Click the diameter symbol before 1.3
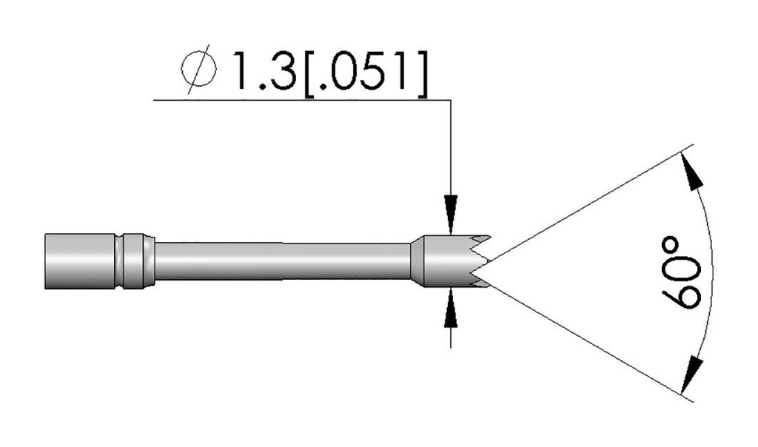[198, 72]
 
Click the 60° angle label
[680, 271]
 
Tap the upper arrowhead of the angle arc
[693, 174]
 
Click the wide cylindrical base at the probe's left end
[74, 261]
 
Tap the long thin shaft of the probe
[281, 261]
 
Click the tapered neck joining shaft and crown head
[419, 261]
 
